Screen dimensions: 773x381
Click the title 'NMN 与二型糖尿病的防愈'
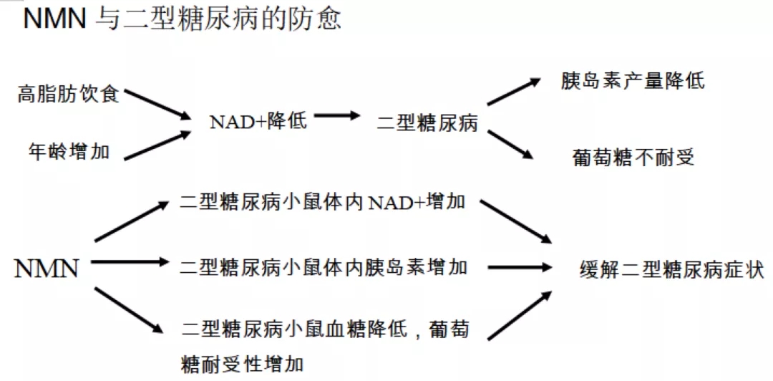[x=182, y=19]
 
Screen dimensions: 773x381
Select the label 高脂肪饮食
[x=69, y=95]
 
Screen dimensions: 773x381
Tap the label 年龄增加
[x=69, y=152]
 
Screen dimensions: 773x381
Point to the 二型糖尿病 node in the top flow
[x=427, y=123]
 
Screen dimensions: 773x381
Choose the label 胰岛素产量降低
[x=633, y=82]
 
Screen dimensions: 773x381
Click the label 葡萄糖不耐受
[x=633, y=158]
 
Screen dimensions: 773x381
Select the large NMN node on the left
[x=47, y=269]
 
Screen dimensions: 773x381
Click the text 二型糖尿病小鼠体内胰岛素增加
[x=324, y=268]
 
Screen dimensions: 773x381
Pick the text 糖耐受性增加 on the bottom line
[x=243, y=365]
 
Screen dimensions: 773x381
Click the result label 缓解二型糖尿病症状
[x=672, y=271]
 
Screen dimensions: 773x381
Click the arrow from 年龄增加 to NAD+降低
[x=157, y=145]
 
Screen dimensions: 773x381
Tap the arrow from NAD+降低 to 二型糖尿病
[x=338, y=116]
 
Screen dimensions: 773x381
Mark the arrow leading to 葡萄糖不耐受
[x=511, y=145]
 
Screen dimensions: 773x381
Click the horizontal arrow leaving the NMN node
[x=130, y=262]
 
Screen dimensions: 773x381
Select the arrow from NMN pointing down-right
[x=129, y=310]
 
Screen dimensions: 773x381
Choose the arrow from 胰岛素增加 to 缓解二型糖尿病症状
[x=519, y=268]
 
